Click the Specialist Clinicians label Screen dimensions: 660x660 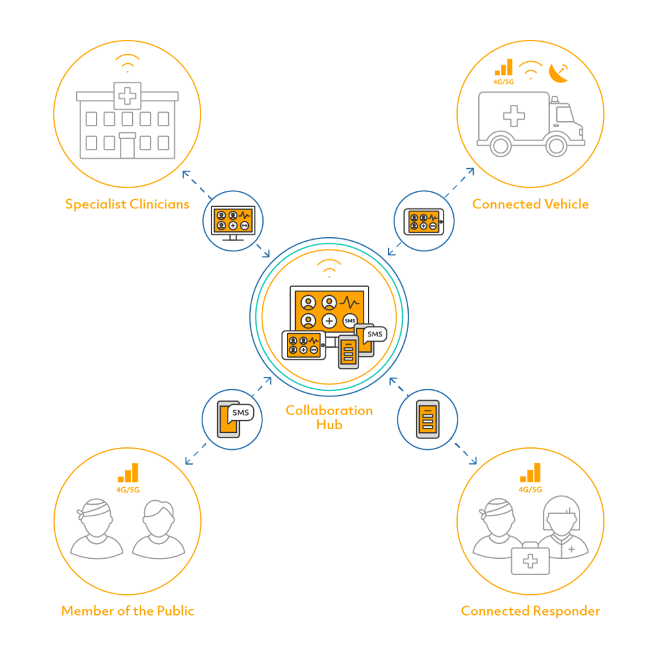coord(127,204)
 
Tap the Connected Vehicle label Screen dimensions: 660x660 coord(530,204)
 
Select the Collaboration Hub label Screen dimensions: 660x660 coord(329,417)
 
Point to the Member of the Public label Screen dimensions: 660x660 coord(128,611)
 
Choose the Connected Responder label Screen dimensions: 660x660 coord(530,611)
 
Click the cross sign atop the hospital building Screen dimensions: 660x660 coord(127,96)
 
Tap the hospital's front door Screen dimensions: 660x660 coord(127,146)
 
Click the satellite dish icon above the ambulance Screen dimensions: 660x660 coord(559,73)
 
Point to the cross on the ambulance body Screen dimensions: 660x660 coord(514,116)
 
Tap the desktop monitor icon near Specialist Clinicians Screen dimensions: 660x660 coord(233,223)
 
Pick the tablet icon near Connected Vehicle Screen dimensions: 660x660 coord(424,222)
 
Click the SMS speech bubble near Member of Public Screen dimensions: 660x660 coord(240,413)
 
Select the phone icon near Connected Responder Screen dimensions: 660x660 coord(428,419)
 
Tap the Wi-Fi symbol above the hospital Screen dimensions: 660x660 coord(128,63)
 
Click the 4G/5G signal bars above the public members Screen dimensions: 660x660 coord(128,472)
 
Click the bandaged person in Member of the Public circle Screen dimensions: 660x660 coord(97,529)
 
